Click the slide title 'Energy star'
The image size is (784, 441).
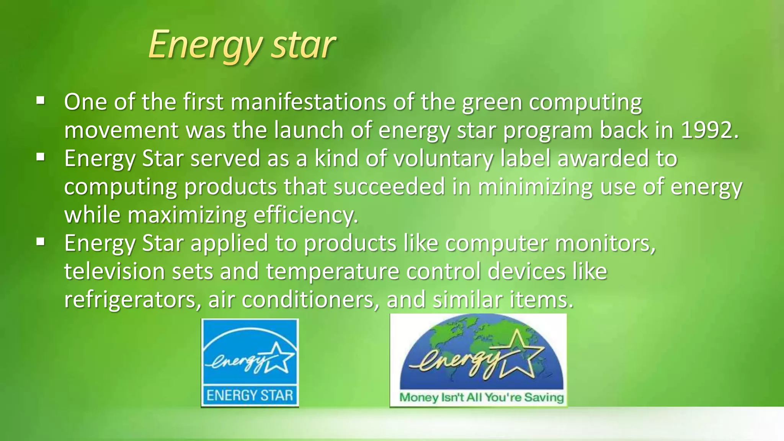click(x=242, y=46)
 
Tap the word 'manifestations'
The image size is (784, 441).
click(x=308, y=103)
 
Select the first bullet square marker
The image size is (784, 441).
click(x=41, y=101)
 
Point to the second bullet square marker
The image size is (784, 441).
click(x=41, y=157)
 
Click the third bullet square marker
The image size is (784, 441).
click(x=41, y=242)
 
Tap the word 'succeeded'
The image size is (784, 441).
click(x=389, y=187)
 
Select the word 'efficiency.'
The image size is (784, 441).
click(x=306, y=215)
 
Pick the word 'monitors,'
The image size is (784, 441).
click(x=605, y=243)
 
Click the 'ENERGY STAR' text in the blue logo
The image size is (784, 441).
click(x=250, y=395)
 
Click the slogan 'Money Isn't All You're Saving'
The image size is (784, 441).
click(x=481, y=398)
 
